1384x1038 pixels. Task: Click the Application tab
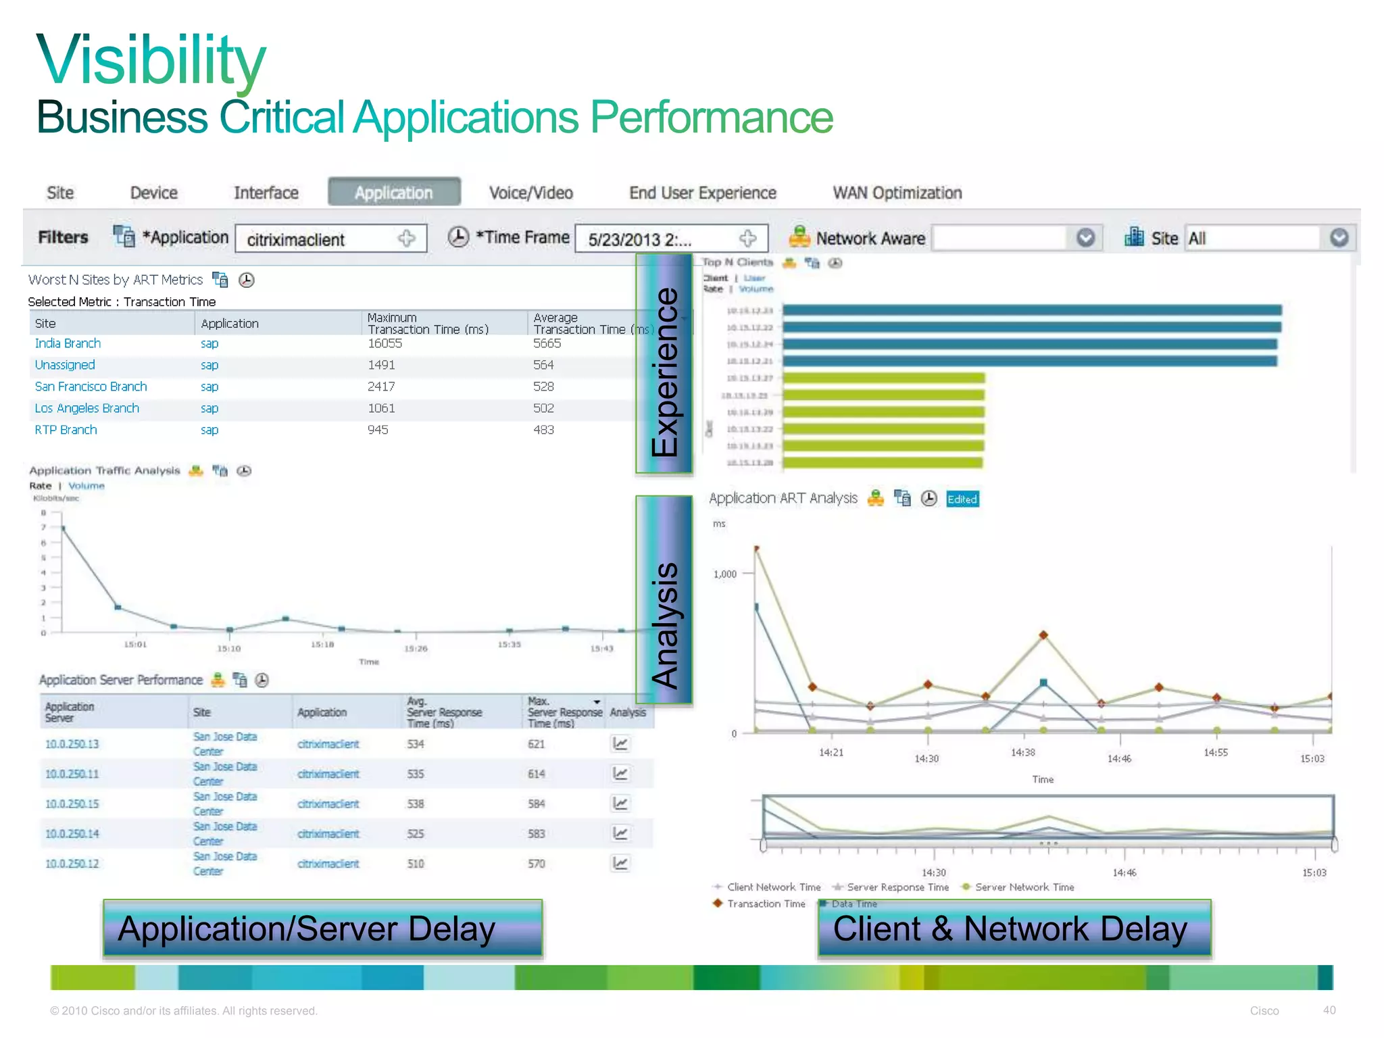click(394, 193)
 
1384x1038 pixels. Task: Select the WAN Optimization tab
click(897, 193)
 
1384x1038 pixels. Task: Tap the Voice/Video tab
click(530, 193)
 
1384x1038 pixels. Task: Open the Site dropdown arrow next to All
click(1339, 238)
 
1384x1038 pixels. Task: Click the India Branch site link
click(68, 343)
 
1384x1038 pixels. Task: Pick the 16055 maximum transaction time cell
click(385, 343)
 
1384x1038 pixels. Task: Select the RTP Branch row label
click(66, 430)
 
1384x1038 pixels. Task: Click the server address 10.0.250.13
click(72, 744)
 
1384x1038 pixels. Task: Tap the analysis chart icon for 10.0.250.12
click(620, 863)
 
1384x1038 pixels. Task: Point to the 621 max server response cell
click(536, 744)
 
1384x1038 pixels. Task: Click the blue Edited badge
click(962, 499)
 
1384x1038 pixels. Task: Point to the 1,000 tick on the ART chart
click(725, 574)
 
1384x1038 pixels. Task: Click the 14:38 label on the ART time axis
click(1022, 753)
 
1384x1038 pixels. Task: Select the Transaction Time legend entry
click(766, 904)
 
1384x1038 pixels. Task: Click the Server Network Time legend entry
click(1024, 887)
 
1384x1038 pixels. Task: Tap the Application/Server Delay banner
click(322, 929)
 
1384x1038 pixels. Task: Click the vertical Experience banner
click(664, 365)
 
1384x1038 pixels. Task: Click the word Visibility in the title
click(151, 61)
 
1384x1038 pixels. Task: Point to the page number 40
click(1329, 1010)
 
